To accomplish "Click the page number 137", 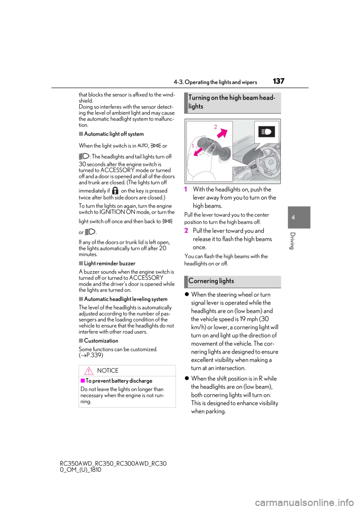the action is click(278, 81).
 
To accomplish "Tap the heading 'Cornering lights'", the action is click(211, 281).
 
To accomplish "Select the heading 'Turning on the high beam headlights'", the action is click(232, 102).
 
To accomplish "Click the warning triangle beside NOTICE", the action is click(88, 371).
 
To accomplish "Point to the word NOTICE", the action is click(108, 371).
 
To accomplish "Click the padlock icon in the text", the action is click(115, 190).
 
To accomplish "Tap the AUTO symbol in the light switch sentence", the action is click(143, 145).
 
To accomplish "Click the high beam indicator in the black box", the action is click(266, 132).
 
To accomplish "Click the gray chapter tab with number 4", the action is click(299, 217).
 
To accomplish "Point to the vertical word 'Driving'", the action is click(292, 241).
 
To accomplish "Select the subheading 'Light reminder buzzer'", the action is click(109, 263).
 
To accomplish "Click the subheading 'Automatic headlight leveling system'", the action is click(126, 299).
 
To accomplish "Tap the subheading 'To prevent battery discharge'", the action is click(119, 380).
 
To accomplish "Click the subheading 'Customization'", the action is click(101, 341).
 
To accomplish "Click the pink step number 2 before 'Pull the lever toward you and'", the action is click(186, 231).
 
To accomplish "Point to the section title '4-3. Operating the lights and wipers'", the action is click(215, 82).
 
